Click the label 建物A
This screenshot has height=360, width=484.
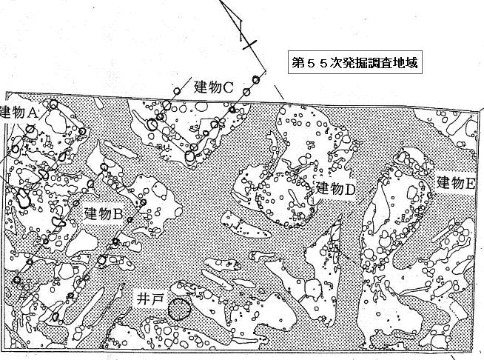tap(19, 112)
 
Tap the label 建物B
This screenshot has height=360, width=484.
tap(104, 214)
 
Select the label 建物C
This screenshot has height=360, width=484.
tap(214, 87)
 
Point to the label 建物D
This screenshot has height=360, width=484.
tap(335, 188)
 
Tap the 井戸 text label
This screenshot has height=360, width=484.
tap(150, 299)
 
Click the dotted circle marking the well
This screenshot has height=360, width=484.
tap(179, 309)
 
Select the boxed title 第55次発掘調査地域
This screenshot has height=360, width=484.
tap(355, 62)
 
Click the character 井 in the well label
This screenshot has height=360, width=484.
tap(144, 299)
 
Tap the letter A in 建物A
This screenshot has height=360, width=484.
tap(32, 113)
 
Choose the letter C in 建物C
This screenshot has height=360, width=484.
tap(228, 88)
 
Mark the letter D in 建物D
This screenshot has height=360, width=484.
tap(350, 189)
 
